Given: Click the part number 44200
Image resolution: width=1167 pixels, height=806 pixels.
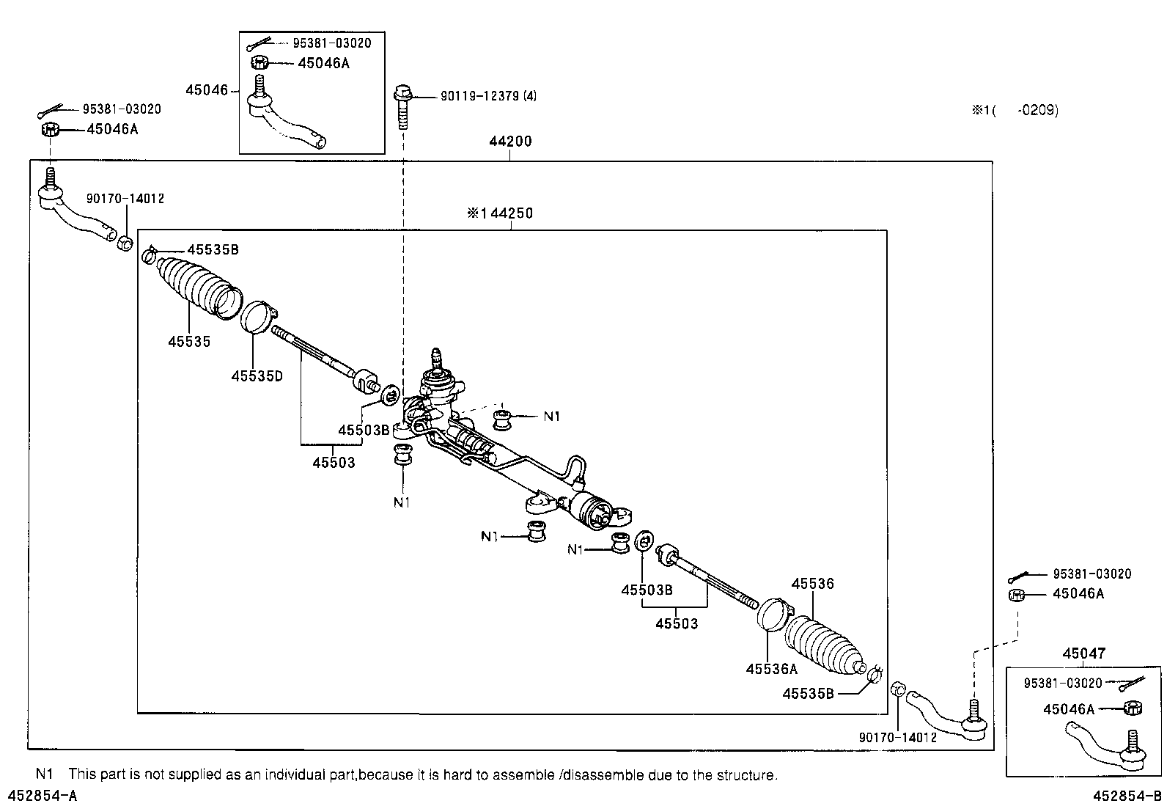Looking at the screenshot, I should (510, 142).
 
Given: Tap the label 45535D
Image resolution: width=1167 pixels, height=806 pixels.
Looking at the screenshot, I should (257, 376).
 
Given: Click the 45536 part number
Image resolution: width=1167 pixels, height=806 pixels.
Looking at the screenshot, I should (812, 584).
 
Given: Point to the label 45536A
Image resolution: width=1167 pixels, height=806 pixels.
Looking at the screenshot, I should (771, 669).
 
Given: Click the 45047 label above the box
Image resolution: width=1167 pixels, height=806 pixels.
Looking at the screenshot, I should (1084, 653).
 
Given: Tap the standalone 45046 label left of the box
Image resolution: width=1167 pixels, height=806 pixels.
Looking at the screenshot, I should (206, 90).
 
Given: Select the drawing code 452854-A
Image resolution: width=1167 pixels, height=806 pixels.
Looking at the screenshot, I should (42, 796).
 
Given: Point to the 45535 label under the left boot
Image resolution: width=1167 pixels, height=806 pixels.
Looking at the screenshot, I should (188, 341).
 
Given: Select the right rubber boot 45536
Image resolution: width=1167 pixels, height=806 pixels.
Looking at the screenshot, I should (824, 642).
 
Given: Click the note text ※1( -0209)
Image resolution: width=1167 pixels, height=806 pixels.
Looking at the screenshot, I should (1015, 111).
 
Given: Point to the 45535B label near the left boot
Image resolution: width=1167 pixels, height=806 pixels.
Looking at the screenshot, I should (213, 249).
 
